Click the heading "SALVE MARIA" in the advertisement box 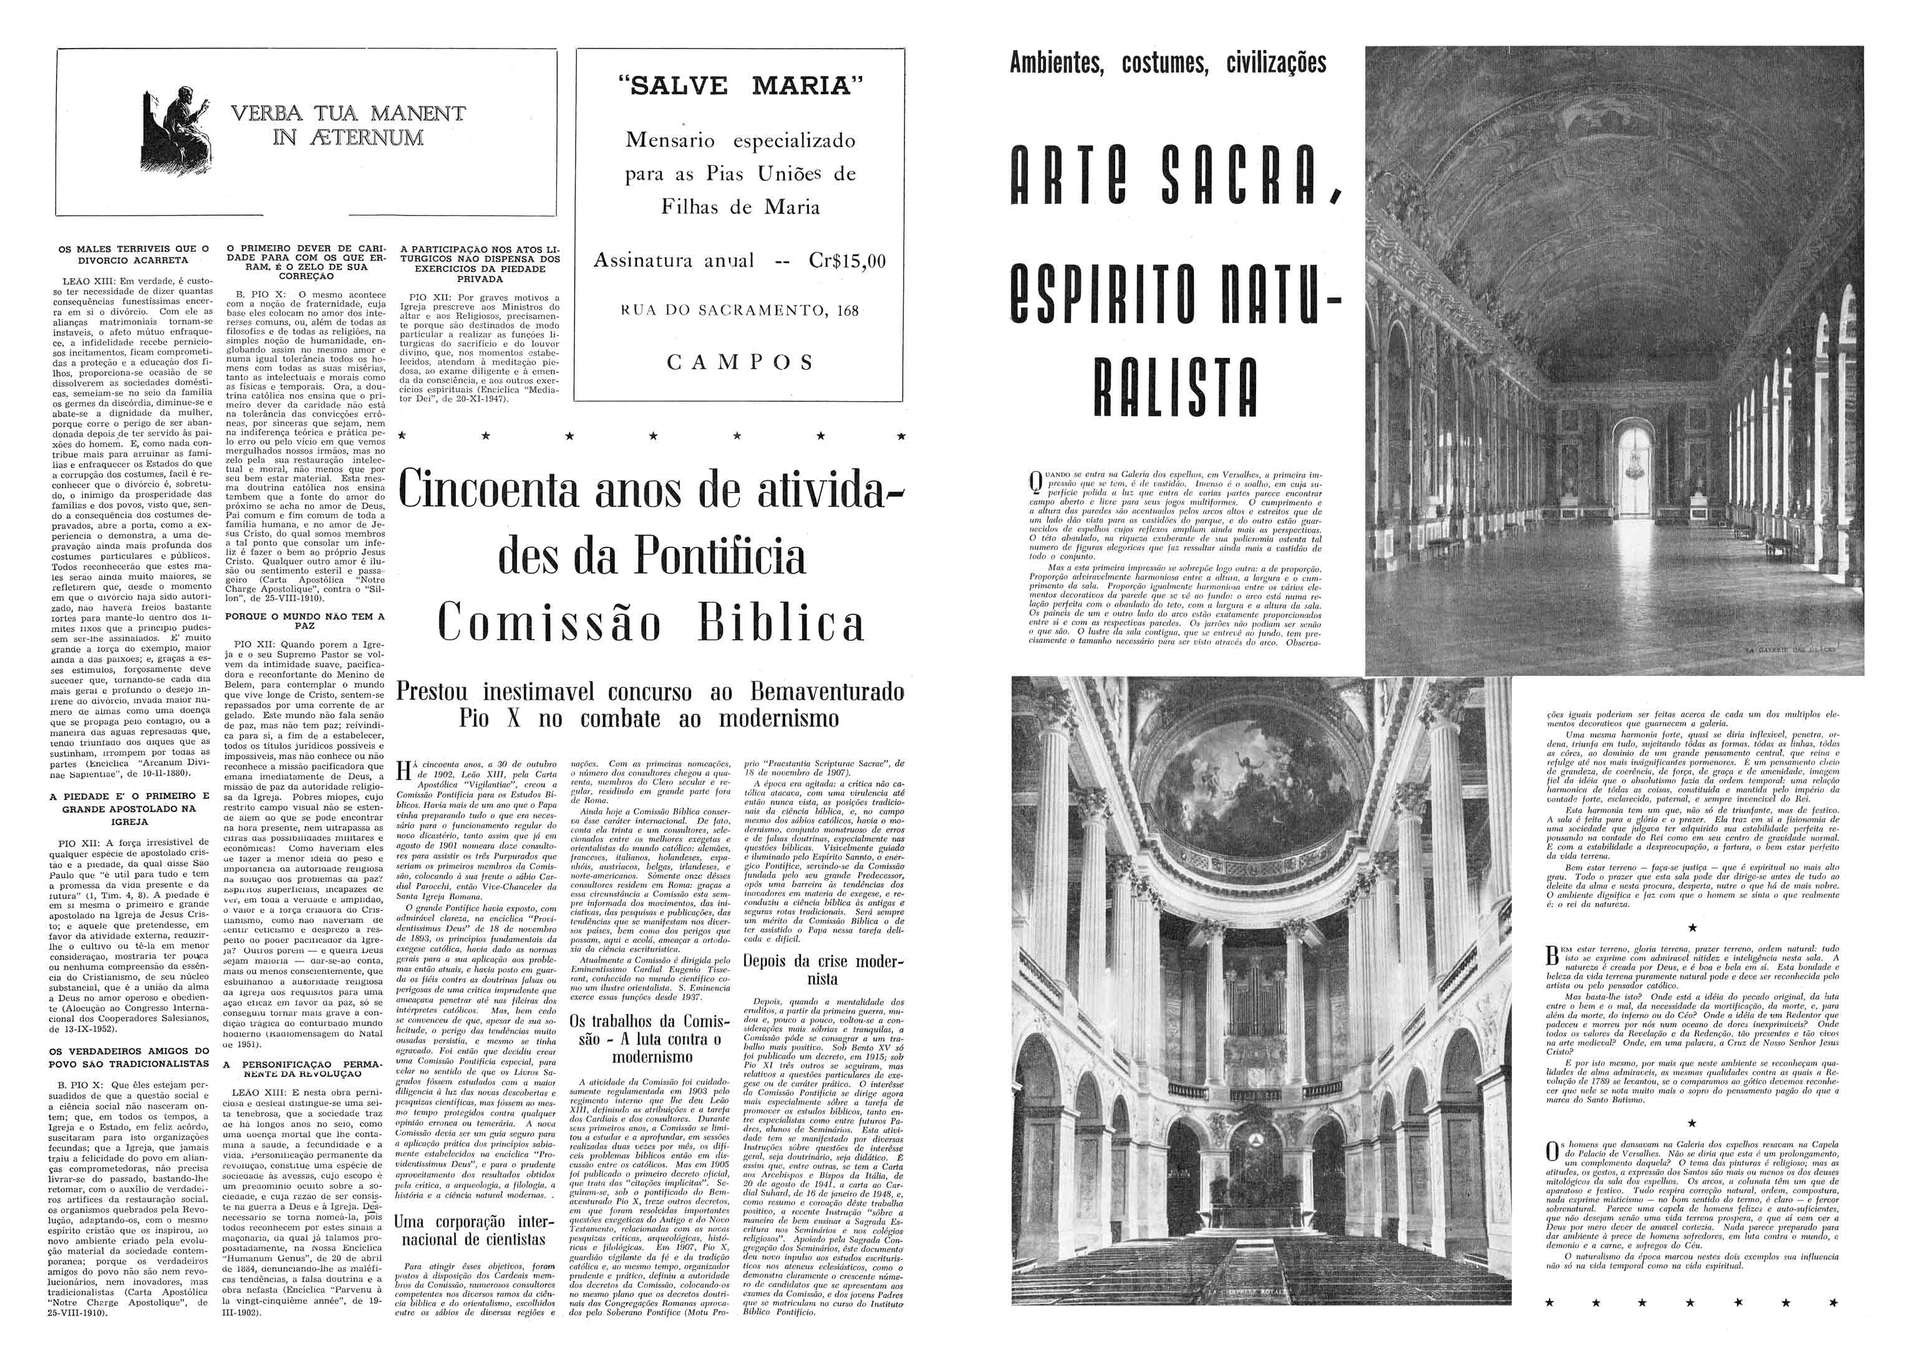741,87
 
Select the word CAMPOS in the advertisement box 740,362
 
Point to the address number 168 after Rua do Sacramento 848,311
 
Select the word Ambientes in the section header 1057,64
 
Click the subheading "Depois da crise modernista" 822,970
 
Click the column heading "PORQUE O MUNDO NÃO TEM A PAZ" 304,621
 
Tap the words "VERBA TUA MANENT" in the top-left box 348,113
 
